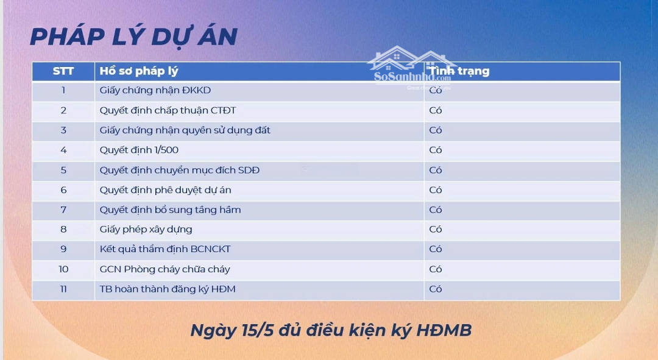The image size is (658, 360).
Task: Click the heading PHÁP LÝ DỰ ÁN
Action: click(x=134, y=37)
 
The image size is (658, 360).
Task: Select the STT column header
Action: click(x=63, y=71)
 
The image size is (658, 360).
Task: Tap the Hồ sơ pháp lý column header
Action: click(x=139, y=71)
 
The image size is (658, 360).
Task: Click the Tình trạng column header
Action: click(x=459, y=71)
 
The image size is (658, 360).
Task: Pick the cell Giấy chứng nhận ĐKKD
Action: click(x=155, y=90)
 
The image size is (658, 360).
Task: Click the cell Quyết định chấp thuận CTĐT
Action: click(x=168, y=110)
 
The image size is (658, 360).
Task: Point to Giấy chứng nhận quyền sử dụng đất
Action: click(x=185, y=130)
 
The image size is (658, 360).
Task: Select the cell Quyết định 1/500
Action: click(x=139, y=150)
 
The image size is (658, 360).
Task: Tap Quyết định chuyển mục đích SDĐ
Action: click(x=180, y=170)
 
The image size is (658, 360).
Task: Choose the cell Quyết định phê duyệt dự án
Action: click(x=165, y=190)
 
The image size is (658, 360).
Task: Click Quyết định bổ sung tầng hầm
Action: click(x=171, y=210)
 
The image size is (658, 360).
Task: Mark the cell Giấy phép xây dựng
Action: click(x=146, y=230)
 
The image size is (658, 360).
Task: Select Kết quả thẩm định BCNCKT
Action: click(x=165, y=249)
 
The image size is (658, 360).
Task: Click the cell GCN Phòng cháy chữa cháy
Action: click(x=165, y=269)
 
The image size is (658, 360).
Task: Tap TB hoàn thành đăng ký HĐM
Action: click(x=168, y=289)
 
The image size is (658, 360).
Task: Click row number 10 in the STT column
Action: click(x=63, y=269)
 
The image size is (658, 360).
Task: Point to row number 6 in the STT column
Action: click(x=63, y=190)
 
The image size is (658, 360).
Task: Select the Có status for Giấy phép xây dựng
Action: click(x=436, y=230)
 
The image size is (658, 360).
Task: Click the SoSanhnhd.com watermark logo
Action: click(x=412, y=67)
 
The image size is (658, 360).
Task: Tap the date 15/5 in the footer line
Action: click(x=258, y=330)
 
